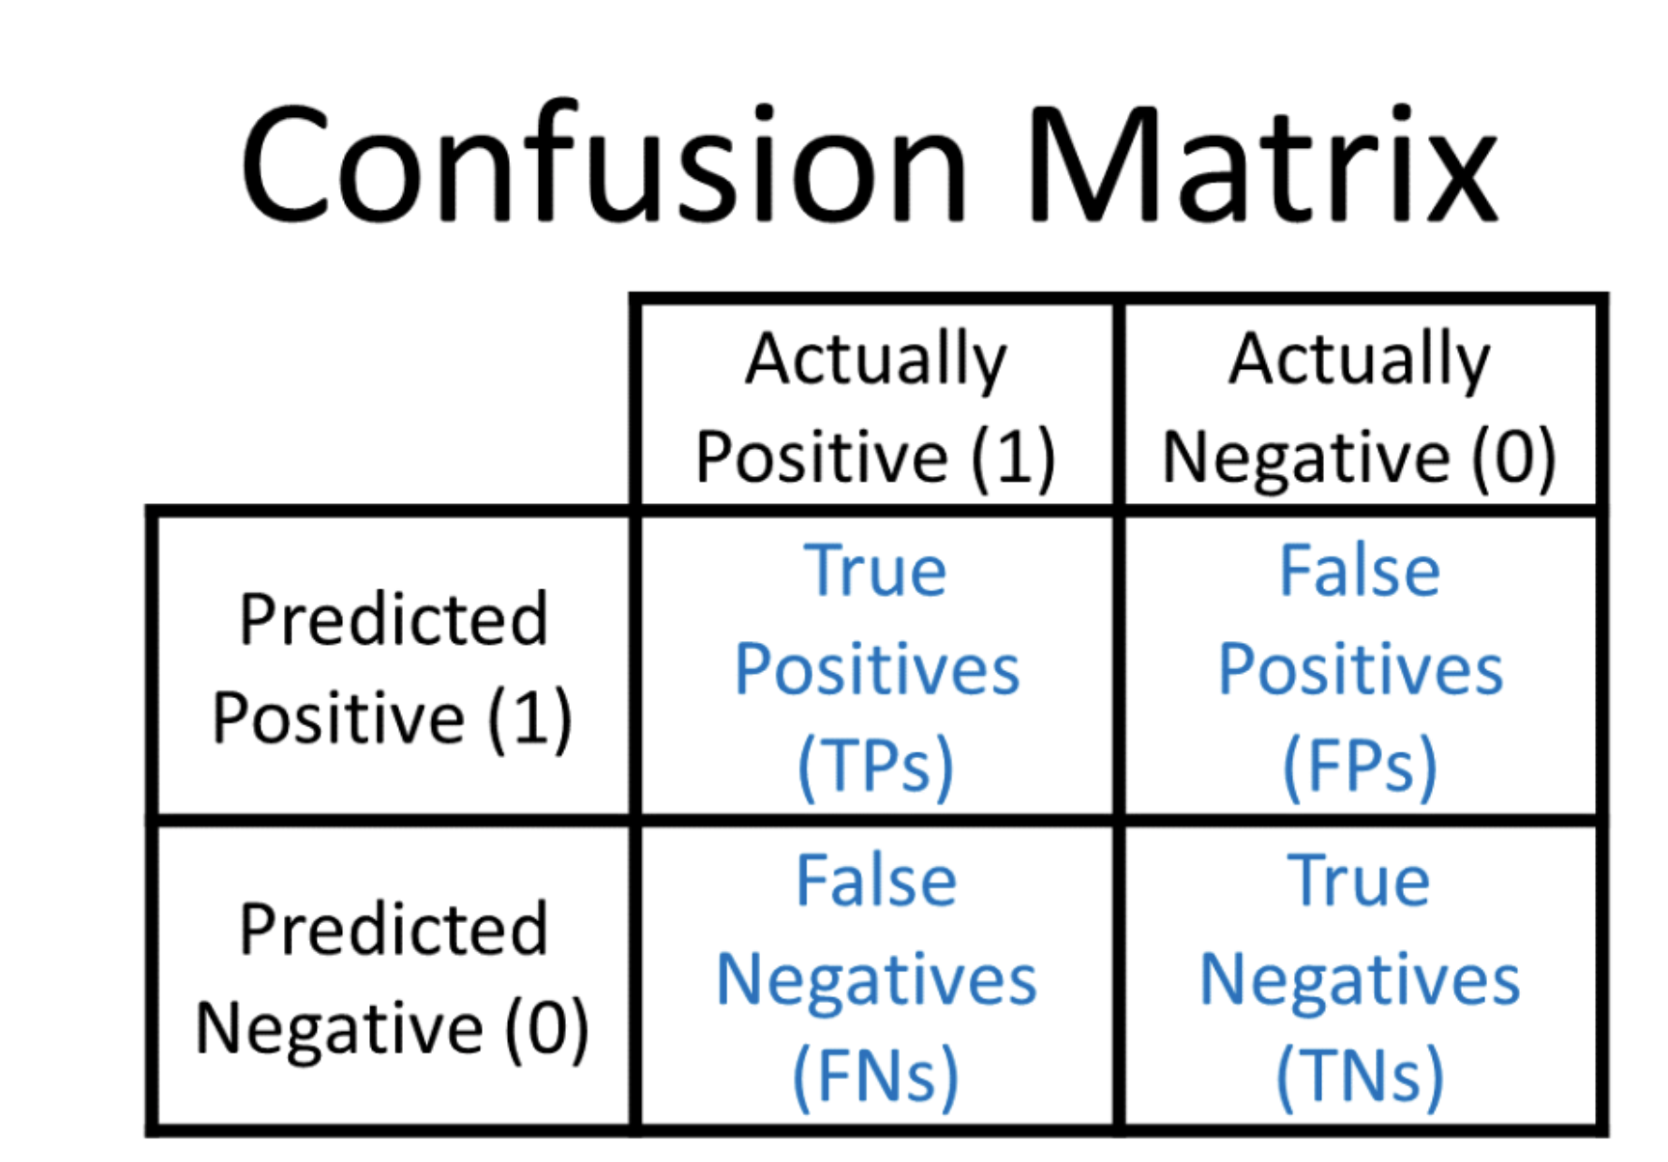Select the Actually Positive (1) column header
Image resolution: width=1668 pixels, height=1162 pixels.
[876, 408]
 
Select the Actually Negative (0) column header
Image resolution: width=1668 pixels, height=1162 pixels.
[1360, 408]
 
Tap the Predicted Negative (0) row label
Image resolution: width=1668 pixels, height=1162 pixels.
[393, 979]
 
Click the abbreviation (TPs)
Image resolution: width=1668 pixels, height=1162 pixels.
[876, 767]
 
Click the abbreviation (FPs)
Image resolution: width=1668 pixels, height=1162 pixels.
[1360, 767]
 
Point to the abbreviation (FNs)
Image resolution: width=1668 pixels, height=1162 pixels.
[876, 1077]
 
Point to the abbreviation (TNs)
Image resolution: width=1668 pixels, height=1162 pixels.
[1360, 1077]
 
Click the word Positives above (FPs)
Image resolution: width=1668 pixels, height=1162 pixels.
[1360, 669]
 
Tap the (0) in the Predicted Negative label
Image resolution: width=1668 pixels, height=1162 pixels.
[547, 1029]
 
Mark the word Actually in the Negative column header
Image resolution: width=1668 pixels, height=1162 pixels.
[1360, 360]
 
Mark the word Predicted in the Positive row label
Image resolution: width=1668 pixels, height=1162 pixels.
[393, 618]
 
